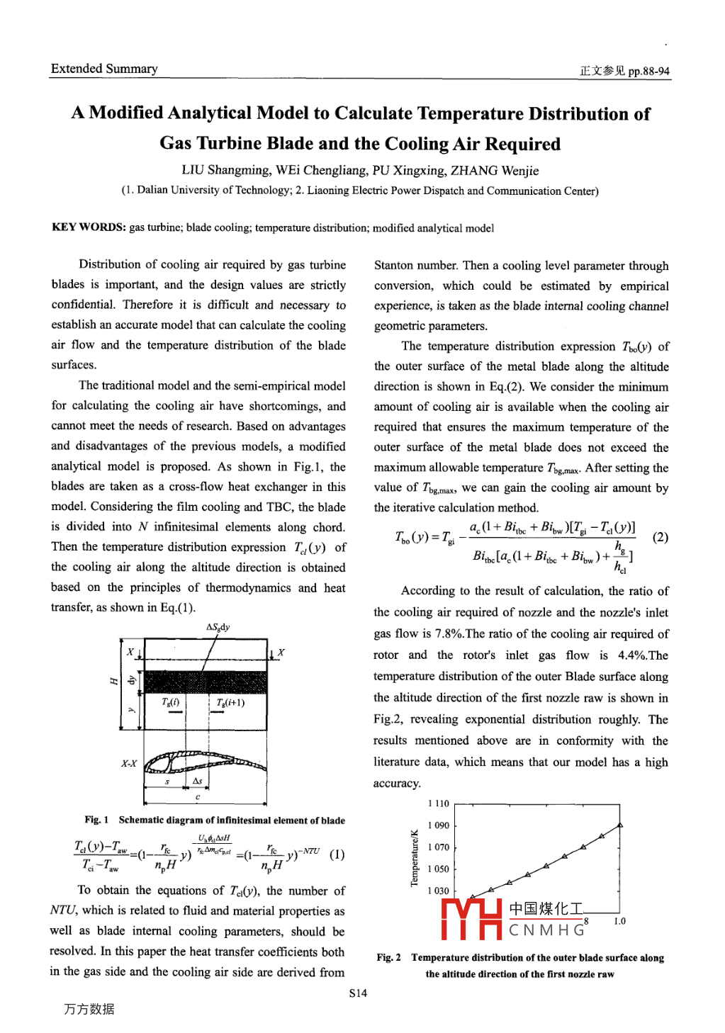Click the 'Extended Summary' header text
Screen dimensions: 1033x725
[104, 69]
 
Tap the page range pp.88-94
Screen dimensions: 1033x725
[648, 71]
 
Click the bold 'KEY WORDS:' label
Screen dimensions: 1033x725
[89, 227]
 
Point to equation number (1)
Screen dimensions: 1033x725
[337, 854]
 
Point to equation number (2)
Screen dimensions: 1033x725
[660, 536]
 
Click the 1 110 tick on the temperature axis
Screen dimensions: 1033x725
[439, 803]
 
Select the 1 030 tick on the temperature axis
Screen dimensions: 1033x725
[439, 891]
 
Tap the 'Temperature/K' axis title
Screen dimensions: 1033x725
[415, 857]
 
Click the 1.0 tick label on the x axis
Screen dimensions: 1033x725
[619, 921]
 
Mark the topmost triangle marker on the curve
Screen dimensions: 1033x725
[620, 825]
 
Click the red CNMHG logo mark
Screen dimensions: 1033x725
[472, 919]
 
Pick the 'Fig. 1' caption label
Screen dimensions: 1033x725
[96, 820]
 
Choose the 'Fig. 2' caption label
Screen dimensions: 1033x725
[388, 957]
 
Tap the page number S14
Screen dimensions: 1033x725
[358, 993]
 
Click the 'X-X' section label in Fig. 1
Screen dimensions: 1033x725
[129, 763]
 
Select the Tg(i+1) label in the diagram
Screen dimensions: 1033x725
[230, 702]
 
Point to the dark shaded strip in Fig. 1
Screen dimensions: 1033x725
[205, 681]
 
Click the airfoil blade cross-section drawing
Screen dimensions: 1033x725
[205, 762]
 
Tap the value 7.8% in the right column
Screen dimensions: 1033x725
[449, 633]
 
